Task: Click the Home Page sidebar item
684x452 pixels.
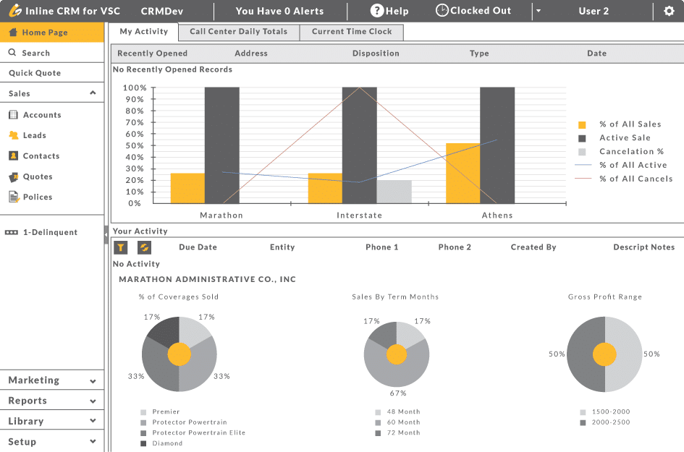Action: coord(44,33)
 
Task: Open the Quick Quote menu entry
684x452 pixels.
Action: coord(35,73)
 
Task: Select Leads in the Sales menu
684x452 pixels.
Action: coord(34,135)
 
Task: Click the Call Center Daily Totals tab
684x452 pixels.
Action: coord(238,32)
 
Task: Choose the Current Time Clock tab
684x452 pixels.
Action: coord(352,32)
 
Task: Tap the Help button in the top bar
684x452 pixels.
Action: coord(389,11)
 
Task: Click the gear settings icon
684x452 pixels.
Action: coord(669,11)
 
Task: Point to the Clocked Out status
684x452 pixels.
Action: coord(473,11)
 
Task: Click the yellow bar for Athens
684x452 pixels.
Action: coord(463,174)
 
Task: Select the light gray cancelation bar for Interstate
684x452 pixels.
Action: coord(394,192)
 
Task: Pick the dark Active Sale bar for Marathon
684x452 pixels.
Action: coord(221,145)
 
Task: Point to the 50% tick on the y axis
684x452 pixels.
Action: coord(135,145)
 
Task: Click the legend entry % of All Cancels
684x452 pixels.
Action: coord(636,179)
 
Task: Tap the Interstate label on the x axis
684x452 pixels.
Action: coord(359,216)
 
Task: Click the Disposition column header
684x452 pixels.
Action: coord(376,54)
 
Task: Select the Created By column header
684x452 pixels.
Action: coord(533,247)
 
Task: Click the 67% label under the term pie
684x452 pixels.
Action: coord(398,393)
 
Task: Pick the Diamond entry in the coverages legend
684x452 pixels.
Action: coord(167,443)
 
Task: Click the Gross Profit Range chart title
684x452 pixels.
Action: coord(604,297)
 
